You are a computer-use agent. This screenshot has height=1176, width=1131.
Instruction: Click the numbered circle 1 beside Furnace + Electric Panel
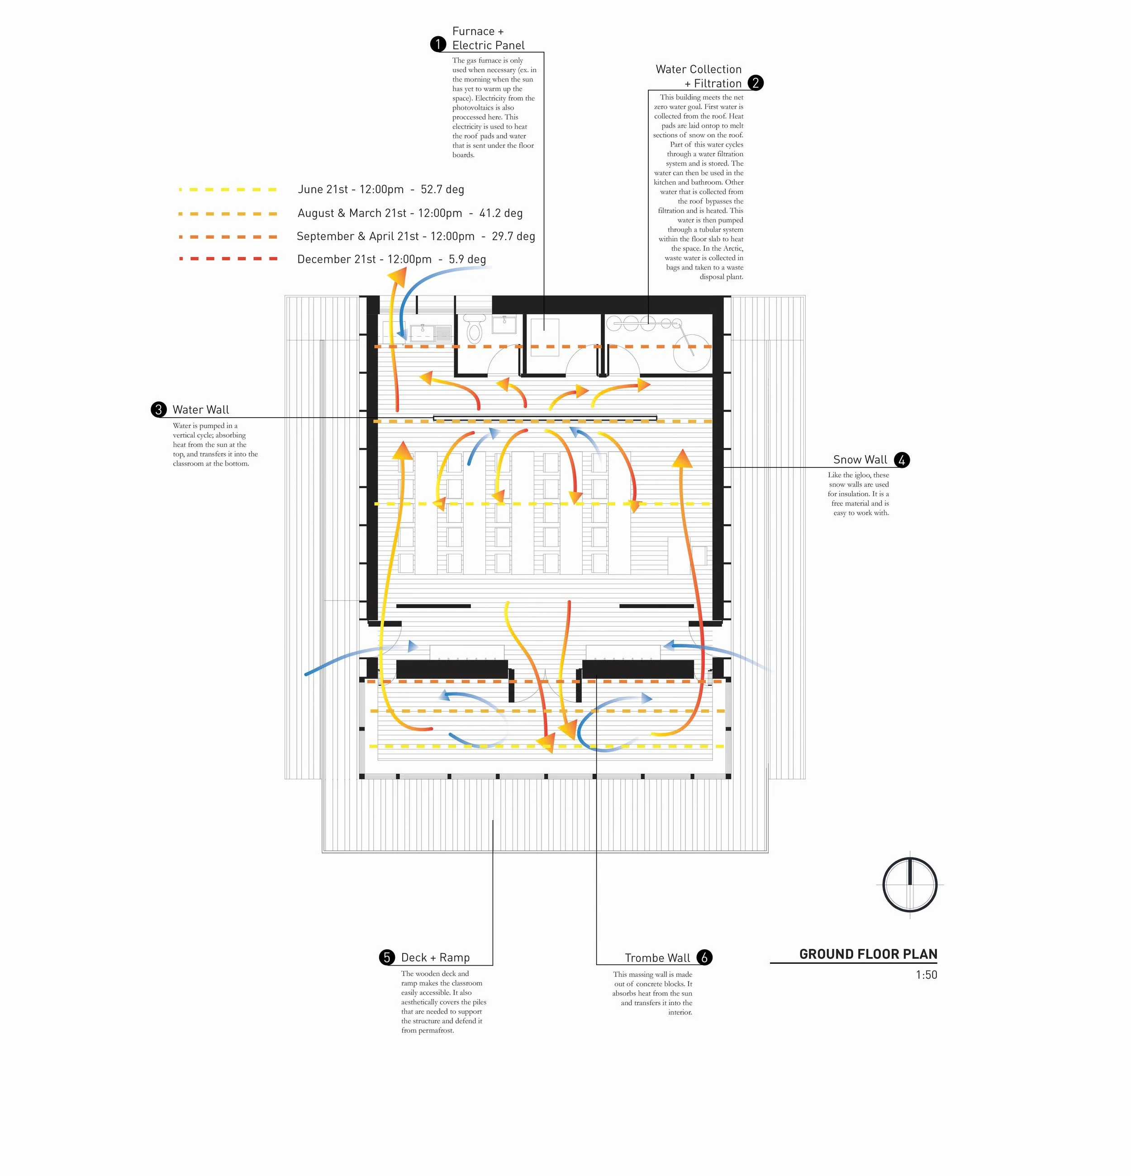pyautogui.click(x=438, y=44)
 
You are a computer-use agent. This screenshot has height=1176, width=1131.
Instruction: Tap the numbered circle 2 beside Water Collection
pyautogui.click(x=756, y=83)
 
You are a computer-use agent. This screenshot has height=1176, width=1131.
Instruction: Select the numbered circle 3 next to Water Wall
pyautogui.click(x=158, y=410)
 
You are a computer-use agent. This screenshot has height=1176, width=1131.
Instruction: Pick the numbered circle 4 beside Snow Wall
pyautogui.click(x=901, y=460)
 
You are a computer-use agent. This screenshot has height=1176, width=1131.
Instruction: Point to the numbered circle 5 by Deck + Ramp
pyautogui.click(x=387, y=957)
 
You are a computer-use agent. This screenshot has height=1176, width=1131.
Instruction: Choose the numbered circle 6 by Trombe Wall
pyautogui.click(x=704, y=957)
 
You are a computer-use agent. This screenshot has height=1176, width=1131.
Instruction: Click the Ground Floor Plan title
pyautogui.click(x=868, y=954)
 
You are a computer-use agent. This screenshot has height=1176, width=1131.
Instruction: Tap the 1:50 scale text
pyautogui.click(x=926, y=975)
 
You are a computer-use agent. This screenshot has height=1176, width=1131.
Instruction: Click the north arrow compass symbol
pyautogui.click(x=910, y=885)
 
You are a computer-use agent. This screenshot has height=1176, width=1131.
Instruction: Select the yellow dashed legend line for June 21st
pyautogui.click(x=228, y=190)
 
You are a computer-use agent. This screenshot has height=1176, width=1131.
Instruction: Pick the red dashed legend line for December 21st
pyautogui.click(x=228, y=259)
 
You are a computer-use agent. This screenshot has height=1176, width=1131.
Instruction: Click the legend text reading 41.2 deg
pyautogui.click(x=500, y=213)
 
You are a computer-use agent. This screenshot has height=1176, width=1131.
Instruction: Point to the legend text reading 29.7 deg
pyautogui.click(x=513, y=236)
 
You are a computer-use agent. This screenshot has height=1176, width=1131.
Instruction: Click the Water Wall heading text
pyautogui.click(x=200, y=410)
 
